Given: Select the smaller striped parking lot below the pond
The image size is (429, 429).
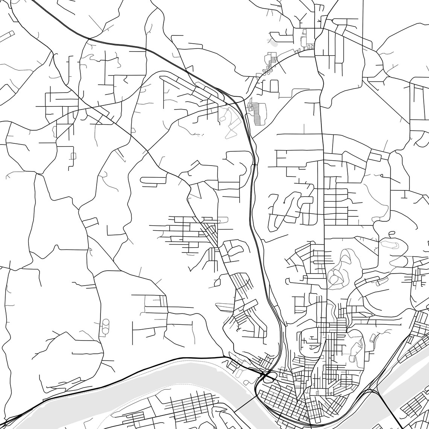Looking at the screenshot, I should point(270,58).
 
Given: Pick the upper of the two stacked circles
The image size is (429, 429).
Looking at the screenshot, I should point(106,323).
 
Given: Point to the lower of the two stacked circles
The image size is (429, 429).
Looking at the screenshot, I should point(105,330).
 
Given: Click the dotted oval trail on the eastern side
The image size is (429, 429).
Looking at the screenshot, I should point(389,244).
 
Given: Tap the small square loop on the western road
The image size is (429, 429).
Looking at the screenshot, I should point(73,156).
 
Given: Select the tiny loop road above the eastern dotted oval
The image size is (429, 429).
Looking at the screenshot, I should point(392,234).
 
